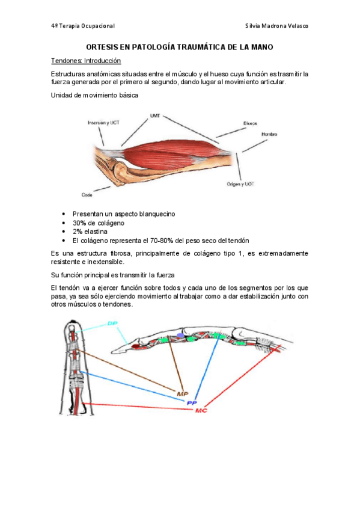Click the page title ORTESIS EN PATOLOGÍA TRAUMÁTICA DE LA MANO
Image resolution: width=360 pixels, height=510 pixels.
[179, 47]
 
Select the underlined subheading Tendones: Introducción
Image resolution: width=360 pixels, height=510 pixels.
[86, 61]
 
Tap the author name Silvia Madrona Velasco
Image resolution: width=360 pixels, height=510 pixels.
[276, 26]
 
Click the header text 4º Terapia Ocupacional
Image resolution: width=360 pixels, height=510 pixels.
[83, 26]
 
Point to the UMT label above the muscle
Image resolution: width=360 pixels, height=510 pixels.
[155, 115]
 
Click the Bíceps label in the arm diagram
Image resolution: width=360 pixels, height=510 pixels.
[250, 123]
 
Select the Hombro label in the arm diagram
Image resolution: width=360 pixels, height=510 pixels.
[269, 134]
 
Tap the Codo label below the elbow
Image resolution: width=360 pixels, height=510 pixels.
[87, 195]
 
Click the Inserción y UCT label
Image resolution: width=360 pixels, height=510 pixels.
[103, 123]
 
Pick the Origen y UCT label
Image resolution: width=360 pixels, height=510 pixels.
[240, 184]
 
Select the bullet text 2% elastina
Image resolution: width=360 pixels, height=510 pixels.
[90, 232]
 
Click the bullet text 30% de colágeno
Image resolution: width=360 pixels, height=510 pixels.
[99, 223]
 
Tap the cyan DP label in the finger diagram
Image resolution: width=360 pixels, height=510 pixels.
[112, 324]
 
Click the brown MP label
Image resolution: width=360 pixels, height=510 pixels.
[183, 394]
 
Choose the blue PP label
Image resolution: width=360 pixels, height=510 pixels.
[192, 403]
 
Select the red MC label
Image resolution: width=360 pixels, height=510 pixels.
[201, 411]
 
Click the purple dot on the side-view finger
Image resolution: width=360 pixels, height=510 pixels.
[180, 335]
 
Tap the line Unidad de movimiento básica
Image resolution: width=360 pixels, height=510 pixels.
[94, 95]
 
